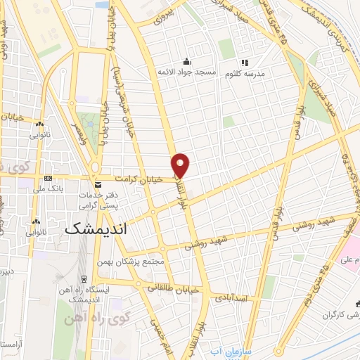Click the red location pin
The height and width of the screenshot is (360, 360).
click(181, 165)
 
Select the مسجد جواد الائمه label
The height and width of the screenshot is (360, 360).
click(186, 73)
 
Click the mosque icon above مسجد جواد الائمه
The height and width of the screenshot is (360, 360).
click(186, 61)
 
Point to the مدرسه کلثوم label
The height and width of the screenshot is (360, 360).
click(245, 73)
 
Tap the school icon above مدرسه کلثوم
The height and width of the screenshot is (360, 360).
click(245, 62)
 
